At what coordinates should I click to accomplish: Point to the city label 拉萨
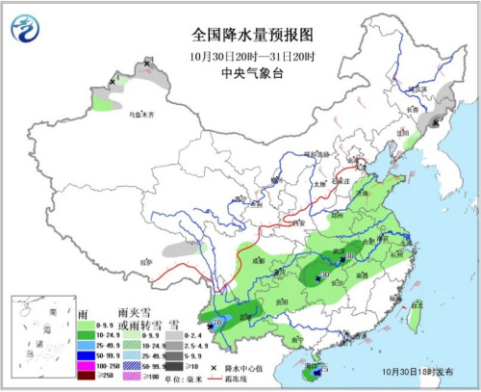(x=144, y=261)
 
